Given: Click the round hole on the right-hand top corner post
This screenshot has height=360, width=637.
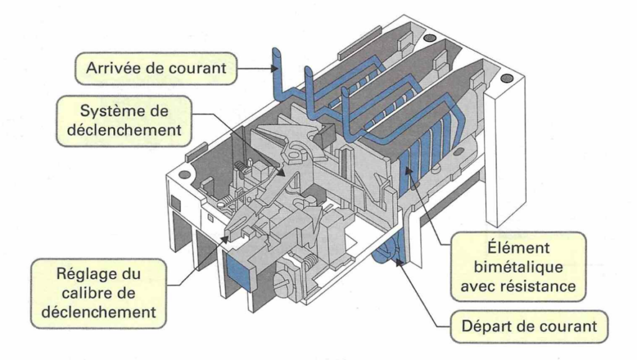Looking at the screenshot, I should [x=507, y=78].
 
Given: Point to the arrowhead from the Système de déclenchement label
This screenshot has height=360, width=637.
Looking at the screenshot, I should [x=282, y=172].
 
